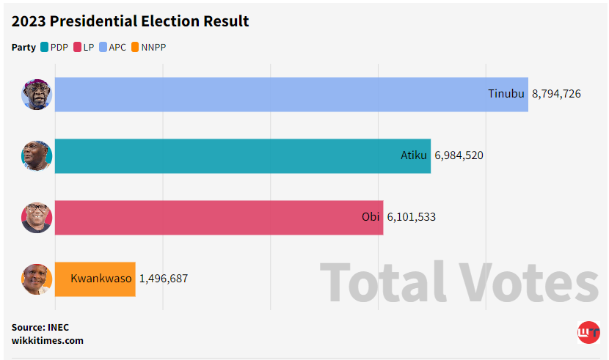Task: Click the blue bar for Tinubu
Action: click(x=291, y=94)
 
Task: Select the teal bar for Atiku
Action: click(x=242, y=155)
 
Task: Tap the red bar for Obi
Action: click(x=219, y=217)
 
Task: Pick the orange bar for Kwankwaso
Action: click(x=95, y=279)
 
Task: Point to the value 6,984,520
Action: click(x=459, y=155)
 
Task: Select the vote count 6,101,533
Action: click(x=411, y=217)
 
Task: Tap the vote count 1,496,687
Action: click(x=163, y=279)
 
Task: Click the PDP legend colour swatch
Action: click(x=44, y=48)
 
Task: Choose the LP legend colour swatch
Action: click(x=77, y=48)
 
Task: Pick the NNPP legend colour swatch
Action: click(x=135, y=48)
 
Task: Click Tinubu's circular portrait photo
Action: click(x=37, y=94)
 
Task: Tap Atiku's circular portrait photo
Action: click(x=37, y=155)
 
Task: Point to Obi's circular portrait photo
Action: click(x=37, y=217)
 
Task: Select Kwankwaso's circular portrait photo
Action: click(x=37, y=279)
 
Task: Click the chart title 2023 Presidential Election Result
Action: click(x=130, y=21)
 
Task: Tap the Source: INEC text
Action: click(x=40, y=327)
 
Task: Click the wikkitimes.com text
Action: click(x=48, y=340)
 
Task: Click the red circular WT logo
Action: click(x=588, y=333)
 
